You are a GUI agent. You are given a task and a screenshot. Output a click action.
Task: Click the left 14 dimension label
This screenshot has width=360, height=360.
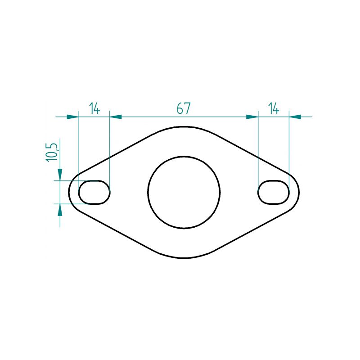pos(94,108)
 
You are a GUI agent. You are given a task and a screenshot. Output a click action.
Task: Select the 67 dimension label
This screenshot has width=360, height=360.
pos(184,108)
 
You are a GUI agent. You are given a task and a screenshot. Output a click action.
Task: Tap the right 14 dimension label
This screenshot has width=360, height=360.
pos(274,108)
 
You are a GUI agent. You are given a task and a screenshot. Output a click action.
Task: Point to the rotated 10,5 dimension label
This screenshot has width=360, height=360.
pos(51,153)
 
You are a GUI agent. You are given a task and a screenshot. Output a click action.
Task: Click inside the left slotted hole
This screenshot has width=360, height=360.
pos(94,192)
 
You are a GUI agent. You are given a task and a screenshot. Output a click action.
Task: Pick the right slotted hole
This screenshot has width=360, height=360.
pos(274,192)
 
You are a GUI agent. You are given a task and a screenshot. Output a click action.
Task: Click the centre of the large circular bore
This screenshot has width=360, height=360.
pos(184,193)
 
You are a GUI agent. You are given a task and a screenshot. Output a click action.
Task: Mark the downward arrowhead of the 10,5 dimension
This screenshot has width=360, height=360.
pos(60,175)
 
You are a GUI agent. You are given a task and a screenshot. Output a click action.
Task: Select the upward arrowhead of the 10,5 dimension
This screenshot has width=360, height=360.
pos(60,210)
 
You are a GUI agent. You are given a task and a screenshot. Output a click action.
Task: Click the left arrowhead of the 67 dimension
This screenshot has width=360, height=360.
pos(116,117)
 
